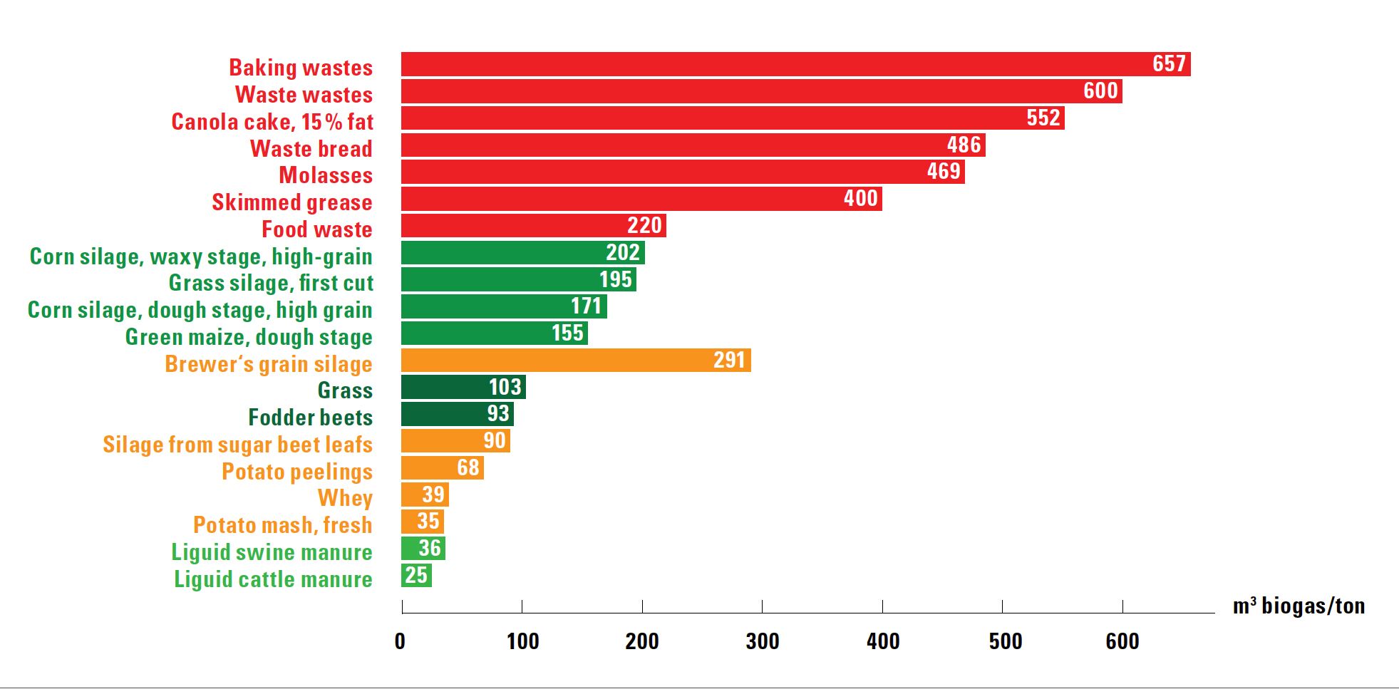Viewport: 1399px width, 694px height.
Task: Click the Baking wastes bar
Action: [x=795, y=64]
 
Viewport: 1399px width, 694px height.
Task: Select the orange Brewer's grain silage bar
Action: [x=576, y=361]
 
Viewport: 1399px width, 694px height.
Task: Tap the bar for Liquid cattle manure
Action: [x=416, y=575]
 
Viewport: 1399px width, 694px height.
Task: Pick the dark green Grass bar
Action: [x=463, y=387]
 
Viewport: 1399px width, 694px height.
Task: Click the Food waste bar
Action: [x=533, y=226]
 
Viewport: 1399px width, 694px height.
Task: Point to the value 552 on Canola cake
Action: [x=1043, y=118]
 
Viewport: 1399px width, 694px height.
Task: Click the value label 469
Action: [x=944, y=172]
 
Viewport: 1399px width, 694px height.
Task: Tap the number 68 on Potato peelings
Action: [x=468, y=467]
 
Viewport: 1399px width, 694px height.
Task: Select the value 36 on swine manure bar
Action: [x=429, y=548]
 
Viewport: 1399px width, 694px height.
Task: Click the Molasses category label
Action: [x=326, y=175]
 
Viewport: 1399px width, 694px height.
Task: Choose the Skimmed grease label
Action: [x=291, y=202]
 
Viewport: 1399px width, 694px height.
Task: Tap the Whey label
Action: [x=345, y=498]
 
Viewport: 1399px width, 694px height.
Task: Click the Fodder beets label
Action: [x=310, y=418]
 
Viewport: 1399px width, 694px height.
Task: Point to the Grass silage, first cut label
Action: [x=271, y=283]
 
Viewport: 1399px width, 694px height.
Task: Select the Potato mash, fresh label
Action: [x=282, y=525]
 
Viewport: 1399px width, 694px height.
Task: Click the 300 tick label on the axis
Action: [x=762, y=641]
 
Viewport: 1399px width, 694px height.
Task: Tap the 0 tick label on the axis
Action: [x=400, y=641]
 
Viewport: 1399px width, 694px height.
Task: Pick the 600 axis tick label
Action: [x=1122, y=641]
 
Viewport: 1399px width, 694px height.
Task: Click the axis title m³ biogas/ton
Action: [x=1299, y=606]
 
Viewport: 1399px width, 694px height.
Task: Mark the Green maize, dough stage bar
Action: [x=494, y=333]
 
